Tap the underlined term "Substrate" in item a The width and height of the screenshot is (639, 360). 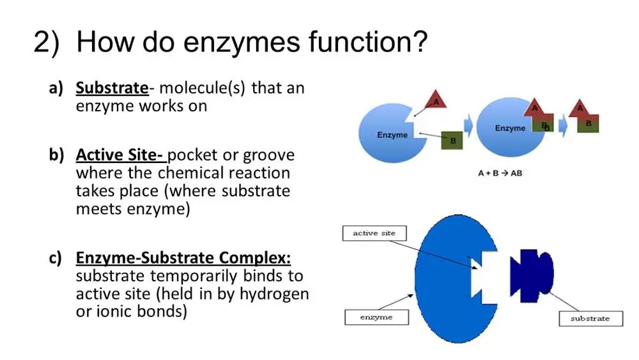pos(112,88)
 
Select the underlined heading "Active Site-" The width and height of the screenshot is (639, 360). pos(121,155)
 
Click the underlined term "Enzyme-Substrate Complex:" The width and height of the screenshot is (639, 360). pos(183,258)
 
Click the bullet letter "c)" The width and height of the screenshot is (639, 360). pos(56,258)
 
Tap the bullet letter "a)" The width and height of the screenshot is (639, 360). pos(56,88)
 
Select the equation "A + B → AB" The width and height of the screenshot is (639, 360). pos(500,173)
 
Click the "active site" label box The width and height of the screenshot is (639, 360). pos(374,233)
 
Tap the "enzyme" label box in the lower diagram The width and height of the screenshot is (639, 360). pos(376,317)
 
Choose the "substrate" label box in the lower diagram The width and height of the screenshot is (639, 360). pos(590,318)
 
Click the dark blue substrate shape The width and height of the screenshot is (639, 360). pos(531,269)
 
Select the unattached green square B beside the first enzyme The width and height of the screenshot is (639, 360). pos(453,140)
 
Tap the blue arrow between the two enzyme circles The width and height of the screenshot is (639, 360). pos(468,126)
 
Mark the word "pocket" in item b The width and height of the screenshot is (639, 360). pos(192,155)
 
